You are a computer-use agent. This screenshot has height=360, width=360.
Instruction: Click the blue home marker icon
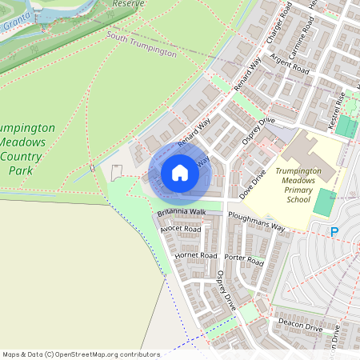tap(180, 173)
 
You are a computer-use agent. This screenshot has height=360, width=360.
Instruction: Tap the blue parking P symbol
tap(334, 231)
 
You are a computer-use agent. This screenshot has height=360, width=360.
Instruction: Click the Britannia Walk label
tap(182, 212)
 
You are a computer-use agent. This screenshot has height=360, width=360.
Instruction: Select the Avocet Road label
tap(180, 229)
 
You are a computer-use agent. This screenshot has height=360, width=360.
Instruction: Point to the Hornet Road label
tap(196, 256)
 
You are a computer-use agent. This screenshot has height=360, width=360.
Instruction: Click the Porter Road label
tap(244, 260)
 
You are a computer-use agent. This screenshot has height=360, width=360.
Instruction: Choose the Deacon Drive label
tap(300, 327)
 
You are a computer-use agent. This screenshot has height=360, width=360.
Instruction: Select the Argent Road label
tap(290, 64)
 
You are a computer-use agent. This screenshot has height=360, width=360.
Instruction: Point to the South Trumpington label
tap(141, 43)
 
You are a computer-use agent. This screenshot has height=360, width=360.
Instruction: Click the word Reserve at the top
tap(127, 4)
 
